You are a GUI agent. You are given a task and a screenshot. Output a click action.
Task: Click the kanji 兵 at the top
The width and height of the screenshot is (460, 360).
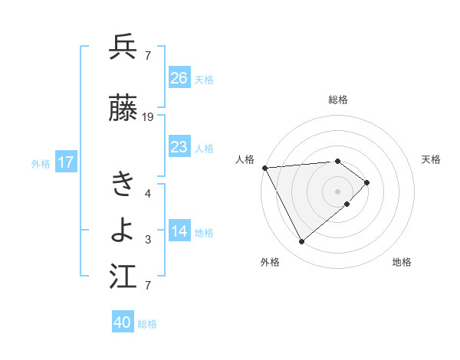123,47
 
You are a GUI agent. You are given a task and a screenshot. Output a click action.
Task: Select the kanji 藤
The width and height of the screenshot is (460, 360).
123,110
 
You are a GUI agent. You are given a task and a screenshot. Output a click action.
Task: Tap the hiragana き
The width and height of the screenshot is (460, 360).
123,184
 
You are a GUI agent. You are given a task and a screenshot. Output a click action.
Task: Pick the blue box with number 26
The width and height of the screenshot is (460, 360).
179,78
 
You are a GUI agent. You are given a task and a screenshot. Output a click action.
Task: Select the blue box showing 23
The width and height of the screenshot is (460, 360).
179,147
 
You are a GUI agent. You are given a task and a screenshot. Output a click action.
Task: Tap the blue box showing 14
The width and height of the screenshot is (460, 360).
179,232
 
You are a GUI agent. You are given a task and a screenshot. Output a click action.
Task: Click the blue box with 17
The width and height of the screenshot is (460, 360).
66,162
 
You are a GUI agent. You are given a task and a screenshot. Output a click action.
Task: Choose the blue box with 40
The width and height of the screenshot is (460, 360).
123,323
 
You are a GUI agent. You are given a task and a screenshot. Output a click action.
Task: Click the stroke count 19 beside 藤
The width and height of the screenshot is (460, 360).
148,117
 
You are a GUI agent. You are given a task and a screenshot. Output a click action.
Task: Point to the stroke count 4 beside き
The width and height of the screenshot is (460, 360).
147,193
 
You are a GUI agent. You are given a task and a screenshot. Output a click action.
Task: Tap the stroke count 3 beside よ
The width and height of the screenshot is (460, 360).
147,240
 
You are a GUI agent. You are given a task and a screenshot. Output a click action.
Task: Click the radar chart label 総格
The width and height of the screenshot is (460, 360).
338,100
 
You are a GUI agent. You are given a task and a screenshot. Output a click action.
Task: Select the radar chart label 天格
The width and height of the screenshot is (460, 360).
431,159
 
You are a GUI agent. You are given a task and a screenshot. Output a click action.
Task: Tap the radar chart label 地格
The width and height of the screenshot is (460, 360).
402,262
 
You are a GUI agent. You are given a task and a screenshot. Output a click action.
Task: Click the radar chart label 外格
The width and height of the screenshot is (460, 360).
270,262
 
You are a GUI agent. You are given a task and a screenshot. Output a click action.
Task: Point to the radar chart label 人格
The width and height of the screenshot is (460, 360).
245,159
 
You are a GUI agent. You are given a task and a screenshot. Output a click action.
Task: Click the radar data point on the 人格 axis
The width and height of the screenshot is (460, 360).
264,167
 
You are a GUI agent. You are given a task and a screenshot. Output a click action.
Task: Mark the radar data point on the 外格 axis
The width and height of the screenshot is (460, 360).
301,242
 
